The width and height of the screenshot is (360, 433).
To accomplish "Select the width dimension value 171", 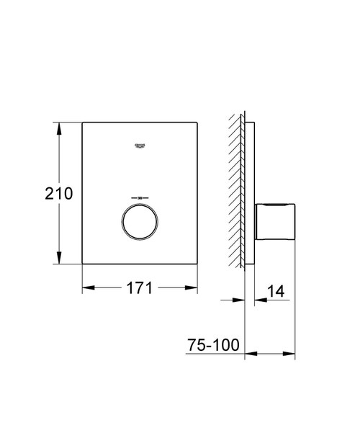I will click(140, 289).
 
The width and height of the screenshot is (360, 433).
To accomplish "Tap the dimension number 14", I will click(276, 291).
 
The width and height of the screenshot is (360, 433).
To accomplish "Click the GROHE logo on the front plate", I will click(140, 146).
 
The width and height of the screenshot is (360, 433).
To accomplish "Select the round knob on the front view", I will click(140, 222).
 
